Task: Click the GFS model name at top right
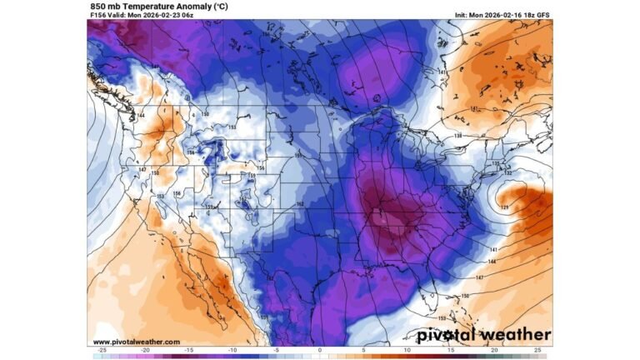[542, 15]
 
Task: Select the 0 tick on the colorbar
[320, 351]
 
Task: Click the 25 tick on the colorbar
[538, 351]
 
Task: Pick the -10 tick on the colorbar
[232, 351]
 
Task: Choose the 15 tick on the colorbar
[451, 351]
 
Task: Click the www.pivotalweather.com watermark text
[136, 342]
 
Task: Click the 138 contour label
[457, 135]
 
